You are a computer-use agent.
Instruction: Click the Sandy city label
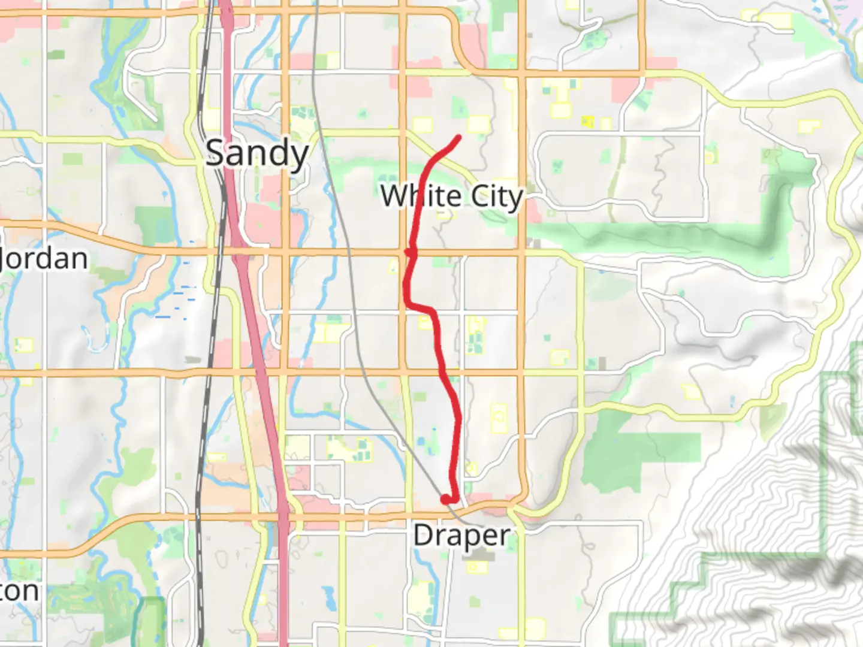pos(257,153)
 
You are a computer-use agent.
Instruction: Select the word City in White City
pos(497,196)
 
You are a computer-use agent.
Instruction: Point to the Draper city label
pos(461,535)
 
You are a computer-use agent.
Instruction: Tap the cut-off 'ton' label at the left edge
pos(19,591)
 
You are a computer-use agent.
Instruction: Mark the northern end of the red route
pos(459,137)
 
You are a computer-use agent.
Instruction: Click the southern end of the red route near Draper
pos(445,498)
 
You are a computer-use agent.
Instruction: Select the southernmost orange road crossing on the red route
pos(443,373)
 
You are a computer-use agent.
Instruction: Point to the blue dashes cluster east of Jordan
pos(180,300)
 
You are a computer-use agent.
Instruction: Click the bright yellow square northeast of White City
pos(588,122)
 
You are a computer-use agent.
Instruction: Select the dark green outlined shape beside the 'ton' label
pos(150,620)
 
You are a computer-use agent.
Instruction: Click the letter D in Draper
pos(423,535)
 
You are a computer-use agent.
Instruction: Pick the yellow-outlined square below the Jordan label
pos(25,346)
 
